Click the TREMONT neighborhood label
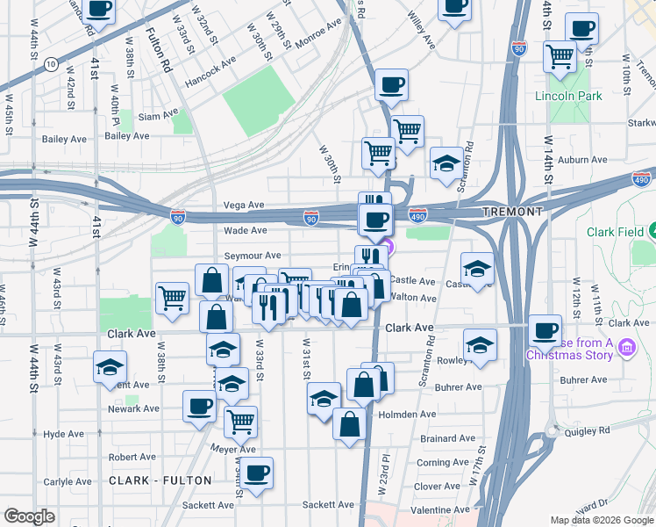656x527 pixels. (x=511, y=213)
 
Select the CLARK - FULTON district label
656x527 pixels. (x=160, y=480)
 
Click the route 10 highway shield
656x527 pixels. (x=51, y=63)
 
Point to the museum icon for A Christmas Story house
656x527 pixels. (x=626, y=349)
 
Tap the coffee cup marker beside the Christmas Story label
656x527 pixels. (x=545, y=330)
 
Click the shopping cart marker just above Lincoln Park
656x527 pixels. (x=559, y=57)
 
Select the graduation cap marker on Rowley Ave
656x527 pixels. (x=480, y=344)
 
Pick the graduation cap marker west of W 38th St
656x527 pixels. (x=111, y=366)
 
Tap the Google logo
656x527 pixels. (x=29, y=516)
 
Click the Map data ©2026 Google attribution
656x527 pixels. (x=602, y=520)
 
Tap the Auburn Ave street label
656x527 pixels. (x=584, y=160)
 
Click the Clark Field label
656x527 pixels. (x=616, y=232)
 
